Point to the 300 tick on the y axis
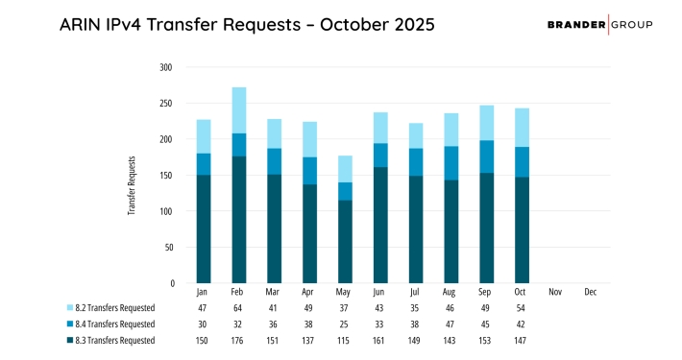point(166,67)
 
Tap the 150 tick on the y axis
point(166,176)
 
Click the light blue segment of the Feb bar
point(238,110)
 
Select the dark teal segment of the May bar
point(345,241)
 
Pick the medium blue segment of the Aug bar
point(451,163)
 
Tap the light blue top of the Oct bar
point(522,128)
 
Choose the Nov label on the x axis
point(555,292)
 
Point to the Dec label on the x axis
point(591,292)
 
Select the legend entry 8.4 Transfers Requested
point(108,325)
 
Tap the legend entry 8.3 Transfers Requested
point(108,340)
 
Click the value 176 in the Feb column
point(238,340)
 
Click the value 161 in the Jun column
point(380,340)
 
